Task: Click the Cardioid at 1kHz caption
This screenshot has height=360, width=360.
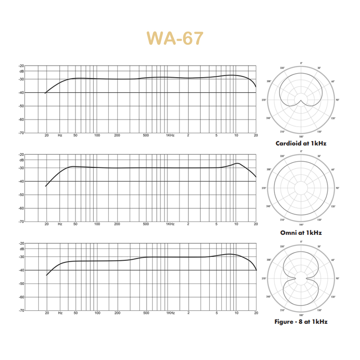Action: coord(301,143)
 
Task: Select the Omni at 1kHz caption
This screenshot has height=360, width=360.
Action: coord(301,233)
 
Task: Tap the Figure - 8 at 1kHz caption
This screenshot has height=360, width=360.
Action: coord(301,321)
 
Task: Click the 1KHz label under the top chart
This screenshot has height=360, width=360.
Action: coord(170,135)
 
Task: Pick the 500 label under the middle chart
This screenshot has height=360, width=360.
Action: coord(146,224)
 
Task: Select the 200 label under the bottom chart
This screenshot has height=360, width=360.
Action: coord(117,313)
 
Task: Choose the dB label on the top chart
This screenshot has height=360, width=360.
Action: coord(22,71)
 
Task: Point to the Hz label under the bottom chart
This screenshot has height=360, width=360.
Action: coord(60,313)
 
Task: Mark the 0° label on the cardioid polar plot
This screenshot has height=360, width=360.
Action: coord(301,63)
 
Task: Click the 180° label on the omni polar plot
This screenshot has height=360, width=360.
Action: coord(301,225)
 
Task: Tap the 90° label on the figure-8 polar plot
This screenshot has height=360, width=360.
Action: coord(337,278)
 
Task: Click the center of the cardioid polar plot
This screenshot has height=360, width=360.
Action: coord(301,100)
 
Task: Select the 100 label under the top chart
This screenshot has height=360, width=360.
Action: coord(97,135)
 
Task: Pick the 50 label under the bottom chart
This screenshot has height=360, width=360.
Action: coord(76,313)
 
